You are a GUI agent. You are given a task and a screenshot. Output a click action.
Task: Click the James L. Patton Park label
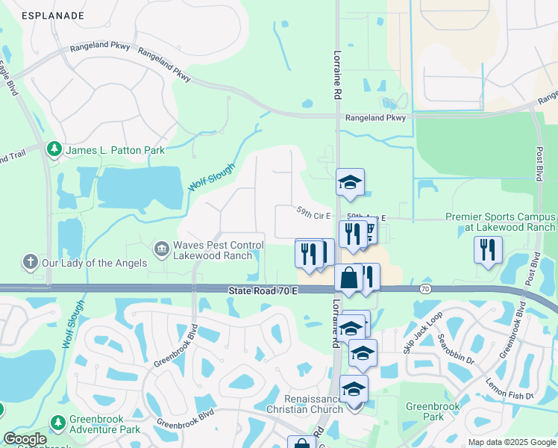[x=115, y=150]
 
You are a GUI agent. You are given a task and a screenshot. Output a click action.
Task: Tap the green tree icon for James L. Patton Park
[x=54, y=150]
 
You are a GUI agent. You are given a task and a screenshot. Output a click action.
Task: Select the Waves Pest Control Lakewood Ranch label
[x=219, y=250]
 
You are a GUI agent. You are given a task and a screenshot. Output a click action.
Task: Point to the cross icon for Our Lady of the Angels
[x=30, y=262]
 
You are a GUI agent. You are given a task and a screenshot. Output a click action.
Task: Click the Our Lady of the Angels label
[x=94, y=263]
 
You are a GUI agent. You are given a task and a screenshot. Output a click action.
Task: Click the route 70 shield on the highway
[x=425, y=288]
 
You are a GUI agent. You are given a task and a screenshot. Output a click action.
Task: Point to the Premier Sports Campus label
[x=500, y=222]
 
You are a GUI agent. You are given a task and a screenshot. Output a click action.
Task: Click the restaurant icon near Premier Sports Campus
[x=488, y=250]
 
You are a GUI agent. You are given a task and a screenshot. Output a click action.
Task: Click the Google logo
[x=24, y=439]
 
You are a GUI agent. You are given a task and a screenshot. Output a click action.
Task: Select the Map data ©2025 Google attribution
[x=511, y=442]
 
